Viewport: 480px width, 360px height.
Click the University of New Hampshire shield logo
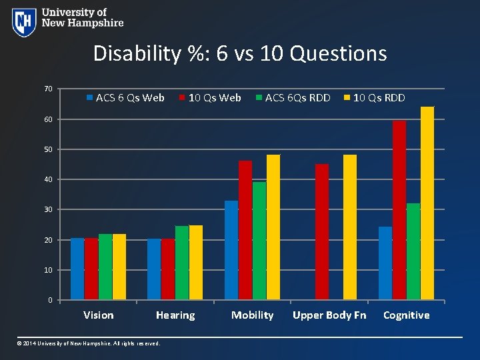click(x=24, y=22)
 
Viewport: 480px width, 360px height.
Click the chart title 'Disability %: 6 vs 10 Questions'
click(x=240, y=53)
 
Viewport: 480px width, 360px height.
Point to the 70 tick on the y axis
click(x=48, y=89)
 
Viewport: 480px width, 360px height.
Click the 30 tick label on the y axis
click(x=48, y=210)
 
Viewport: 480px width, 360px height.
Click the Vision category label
click(x=98, y=315)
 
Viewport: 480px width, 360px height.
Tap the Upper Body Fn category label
click(x=329, y=315)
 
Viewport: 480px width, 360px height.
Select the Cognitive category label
click(x=406, y=315)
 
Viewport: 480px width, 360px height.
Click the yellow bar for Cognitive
click(x=427, y=203)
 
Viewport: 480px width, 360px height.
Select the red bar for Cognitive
click(x=399, y=210)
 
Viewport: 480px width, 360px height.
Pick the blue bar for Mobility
click(x=231, y=250)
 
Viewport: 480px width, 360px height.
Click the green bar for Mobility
click(x=259, y=241)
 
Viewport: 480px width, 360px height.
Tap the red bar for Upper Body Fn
click(x=322, y=232)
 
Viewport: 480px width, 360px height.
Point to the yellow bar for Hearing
click(x=196, y=263)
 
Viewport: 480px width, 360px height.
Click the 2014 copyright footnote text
click(x=89, y=343)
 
